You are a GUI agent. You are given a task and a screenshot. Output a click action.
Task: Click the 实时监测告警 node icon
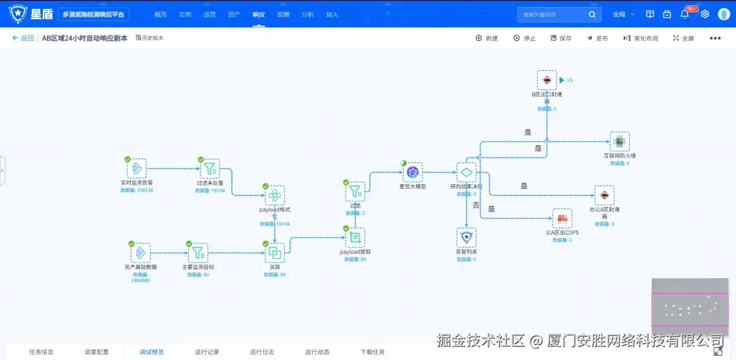pyautogui.click(x=136, y=168)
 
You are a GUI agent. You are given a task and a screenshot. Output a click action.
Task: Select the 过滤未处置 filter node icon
pyautogui.click(x=210, y=168)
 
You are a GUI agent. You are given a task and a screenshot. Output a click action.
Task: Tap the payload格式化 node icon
pyautogui.click(x=275, y=196)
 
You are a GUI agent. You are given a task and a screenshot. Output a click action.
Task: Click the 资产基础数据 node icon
pyautogui.click(x=140, y=253)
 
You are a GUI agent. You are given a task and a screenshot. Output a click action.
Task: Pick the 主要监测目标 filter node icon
pyautogui.click(x=198, y=253)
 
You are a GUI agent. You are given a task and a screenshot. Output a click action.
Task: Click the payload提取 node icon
pyautogui.click(x=354, y=237)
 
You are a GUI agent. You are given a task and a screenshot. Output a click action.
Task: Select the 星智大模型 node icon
pyautogui.click(x=412, y=172)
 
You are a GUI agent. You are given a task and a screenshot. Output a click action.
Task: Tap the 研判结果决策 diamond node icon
pyautogui.click(x=466, y=172)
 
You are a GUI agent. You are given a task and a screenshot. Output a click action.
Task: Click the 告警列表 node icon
pyautogui.click(x=466, y=237)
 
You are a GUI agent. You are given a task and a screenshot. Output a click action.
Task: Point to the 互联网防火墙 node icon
pyautogui.click(x=619, y=142)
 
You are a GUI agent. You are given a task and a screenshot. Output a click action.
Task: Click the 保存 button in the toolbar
pyautogui.click(x=561, y=38)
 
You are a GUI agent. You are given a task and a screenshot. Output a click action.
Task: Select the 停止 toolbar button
pyautogui.click(x=525, y=38)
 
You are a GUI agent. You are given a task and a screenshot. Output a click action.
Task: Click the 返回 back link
pyautogui.click(x=22, y=38)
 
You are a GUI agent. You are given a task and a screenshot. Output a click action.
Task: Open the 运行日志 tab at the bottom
pyautogui.click(x=262, y=352)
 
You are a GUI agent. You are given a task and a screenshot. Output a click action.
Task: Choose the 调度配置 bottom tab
pyautogui.click(x=97, y=352)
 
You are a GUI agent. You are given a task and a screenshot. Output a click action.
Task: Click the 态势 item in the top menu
pyautogui.click(x=185, y=14)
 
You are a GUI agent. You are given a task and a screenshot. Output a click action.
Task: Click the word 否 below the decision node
pyautogui.click(x=476, y=205)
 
